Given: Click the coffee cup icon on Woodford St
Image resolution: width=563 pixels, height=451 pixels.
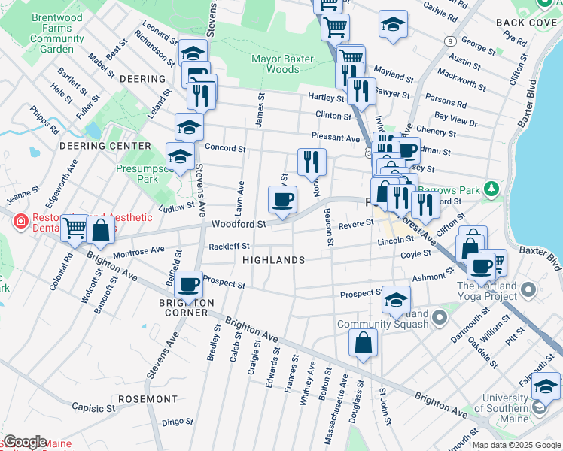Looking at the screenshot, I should point(282,200).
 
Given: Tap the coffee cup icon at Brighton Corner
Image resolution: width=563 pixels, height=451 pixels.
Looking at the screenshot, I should point(188,285).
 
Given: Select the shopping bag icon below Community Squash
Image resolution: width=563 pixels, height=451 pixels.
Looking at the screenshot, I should point(364,343).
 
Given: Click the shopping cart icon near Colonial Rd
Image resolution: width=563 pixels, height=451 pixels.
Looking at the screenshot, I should point(74,227).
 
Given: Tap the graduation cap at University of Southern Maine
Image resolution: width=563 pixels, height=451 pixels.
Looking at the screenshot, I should point(546,387).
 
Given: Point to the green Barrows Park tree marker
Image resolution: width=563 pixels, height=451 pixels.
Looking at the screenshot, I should point(491,187).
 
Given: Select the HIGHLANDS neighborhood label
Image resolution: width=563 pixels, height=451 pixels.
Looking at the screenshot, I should point(274,260).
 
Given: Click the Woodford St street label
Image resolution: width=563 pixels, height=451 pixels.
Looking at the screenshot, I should point(239,224).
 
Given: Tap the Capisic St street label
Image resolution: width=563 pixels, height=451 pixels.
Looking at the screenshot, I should point(93,407).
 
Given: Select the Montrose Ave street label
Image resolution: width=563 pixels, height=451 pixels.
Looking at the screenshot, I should point(138,250).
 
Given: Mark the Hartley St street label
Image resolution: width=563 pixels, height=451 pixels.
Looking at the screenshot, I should point(326,98).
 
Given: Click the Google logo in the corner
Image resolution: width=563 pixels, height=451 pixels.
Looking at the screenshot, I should point(24,442).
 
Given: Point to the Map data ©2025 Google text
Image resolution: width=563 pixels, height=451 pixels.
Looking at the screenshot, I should point(516,445).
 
